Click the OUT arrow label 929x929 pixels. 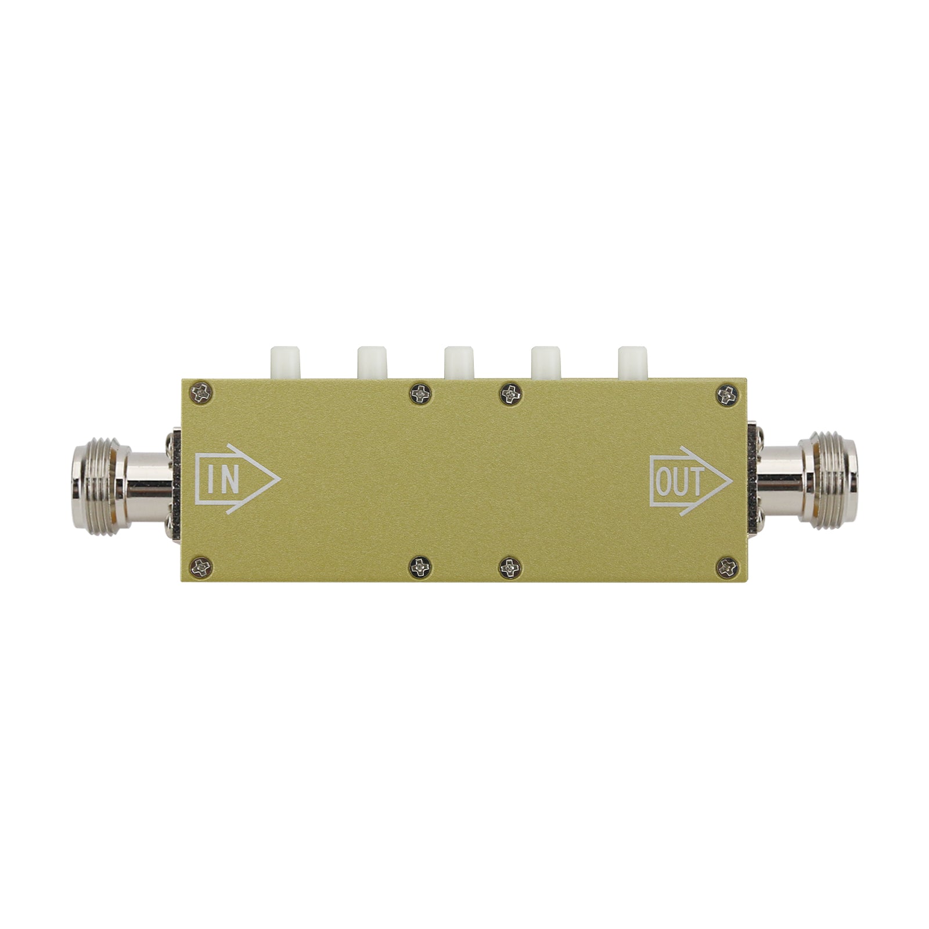point(690,481)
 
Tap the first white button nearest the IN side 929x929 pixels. point(285,363)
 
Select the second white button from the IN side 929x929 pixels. point(372,363)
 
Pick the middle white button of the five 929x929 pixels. point(459,363)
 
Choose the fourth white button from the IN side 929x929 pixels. point(546,363)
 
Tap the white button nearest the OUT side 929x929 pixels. point(632,363)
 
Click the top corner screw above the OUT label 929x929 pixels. point(726,395)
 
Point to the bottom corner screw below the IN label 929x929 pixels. point(201,567)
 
